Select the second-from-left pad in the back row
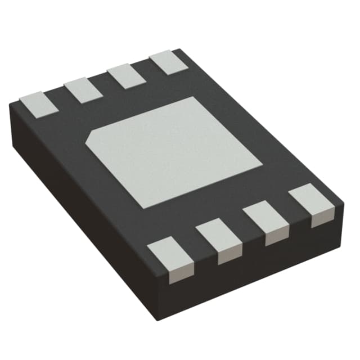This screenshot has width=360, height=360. [x=82, y=90]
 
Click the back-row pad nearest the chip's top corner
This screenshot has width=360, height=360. [x=167, y=62]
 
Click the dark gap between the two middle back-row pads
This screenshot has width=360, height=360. [x=103, y=84]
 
